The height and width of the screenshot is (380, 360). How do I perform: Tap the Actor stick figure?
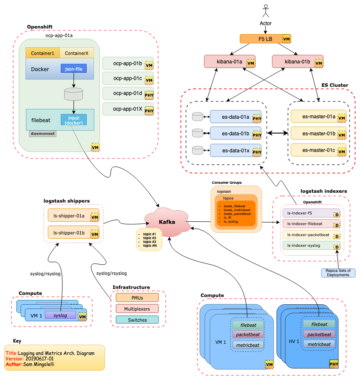[x=266, y=11]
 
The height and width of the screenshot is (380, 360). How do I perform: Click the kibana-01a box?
[x=230, y=61]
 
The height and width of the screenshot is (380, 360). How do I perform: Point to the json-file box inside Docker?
[x=74, y=69]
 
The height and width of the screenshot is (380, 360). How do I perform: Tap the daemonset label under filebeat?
[x=43, y=133]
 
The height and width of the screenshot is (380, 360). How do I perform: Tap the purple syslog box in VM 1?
[x=60, y=315]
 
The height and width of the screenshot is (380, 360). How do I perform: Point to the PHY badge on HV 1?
[x=334, y=364]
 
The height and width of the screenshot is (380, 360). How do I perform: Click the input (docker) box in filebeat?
[x=74, y=120]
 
